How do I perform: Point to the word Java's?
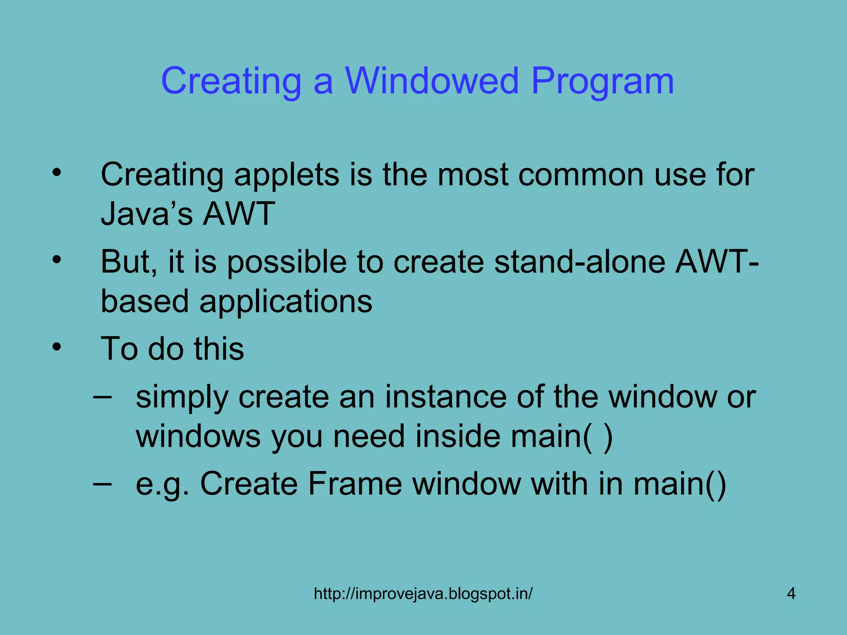[x=147, y=214]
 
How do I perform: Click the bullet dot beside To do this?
[x=57, y=346]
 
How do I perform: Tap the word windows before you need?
[x=198, y=437]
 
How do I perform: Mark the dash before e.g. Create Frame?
[x=102, y=483]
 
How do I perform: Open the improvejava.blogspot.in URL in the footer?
[x=423, y=594]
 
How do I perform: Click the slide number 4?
[x=791, y=594]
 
